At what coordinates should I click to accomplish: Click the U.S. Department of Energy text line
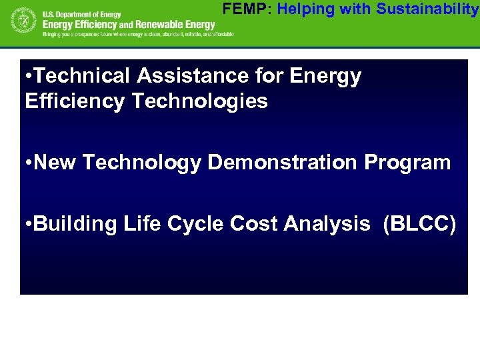point(81,13)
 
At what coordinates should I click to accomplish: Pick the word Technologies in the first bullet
point(200,101)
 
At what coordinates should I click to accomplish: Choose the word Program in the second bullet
point(407,163)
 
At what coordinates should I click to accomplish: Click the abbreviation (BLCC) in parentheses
point(420,224)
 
